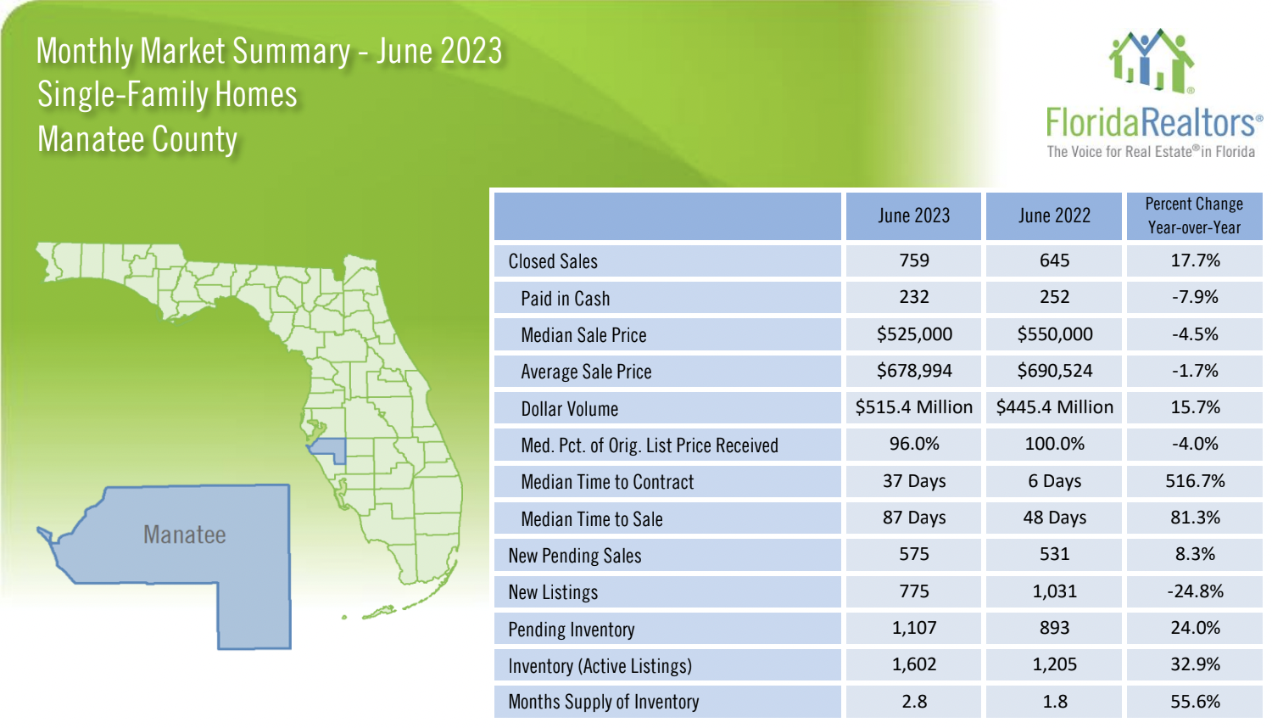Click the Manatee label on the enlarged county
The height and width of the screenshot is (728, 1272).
coord(185,535)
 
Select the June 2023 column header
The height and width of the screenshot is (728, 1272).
coord(913,216)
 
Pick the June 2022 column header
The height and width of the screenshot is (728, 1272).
coord(1054,216)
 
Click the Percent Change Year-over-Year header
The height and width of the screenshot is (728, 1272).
coord(1194,216)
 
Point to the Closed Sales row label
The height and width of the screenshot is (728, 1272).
coord(553,261)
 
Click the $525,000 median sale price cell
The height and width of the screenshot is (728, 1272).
coord(914,334)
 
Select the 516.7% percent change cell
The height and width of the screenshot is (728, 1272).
coord(1195,481)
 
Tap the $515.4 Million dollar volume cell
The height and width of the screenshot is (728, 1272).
coord(914,407)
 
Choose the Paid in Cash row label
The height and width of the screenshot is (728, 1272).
coord(566,299)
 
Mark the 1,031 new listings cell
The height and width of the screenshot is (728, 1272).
coord(1054,591)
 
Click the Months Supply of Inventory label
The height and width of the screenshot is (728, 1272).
coord(604,702)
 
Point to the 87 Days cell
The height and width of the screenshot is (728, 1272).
coord(914,518)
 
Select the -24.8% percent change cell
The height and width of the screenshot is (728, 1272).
coord(1195,591)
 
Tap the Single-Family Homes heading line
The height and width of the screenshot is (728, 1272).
coord(167,94)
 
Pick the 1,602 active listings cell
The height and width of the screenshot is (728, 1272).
coord(914,664)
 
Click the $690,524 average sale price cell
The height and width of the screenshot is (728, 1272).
coord(1054,371)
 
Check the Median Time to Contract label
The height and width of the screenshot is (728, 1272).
coord(607,482)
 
